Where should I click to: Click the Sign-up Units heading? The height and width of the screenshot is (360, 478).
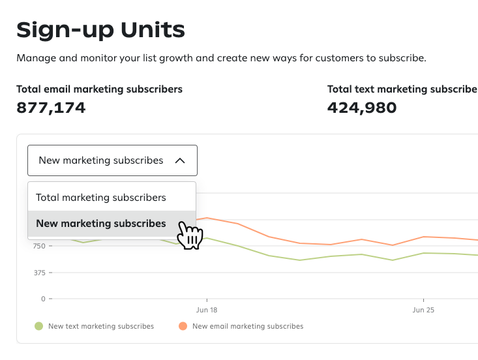click(x=100, y=29)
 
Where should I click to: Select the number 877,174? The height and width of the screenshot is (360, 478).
click(x=51, y=107)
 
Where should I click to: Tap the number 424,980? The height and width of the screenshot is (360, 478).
click(x=362, y=107)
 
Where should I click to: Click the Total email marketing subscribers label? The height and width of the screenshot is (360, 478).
click(x=99, y=89)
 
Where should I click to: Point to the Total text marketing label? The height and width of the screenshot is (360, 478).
click(x=402, y=89)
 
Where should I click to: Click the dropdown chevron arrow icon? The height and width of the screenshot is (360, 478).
click(x=181, y=160)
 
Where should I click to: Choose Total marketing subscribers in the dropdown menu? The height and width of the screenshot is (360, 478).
click(x=101, y=198)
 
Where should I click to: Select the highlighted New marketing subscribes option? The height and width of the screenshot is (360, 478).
click(x=101, y=224)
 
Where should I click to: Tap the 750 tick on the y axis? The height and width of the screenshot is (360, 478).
click(x=37, y=247)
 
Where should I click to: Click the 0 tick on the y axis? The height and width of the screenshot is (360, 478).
click(x=42, y=299)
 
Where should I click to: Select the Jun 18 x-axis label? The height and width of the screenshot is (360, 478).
click(x=207, y=310)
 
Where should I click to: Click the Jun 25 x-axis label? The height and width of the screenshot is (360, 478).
click(x=423, y=310)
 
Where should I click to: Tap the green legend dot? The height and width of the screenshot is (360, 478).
click(x=39, y=326)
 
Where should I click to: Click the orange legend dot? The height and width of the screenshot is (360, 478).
click(x=183, y=326)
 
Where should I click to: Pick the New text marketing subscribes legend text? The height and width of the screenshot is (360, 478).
click(x=101, y=326)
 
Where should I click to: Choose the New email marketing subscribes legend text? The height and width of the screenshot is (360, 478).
click(x=248, y=326)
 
